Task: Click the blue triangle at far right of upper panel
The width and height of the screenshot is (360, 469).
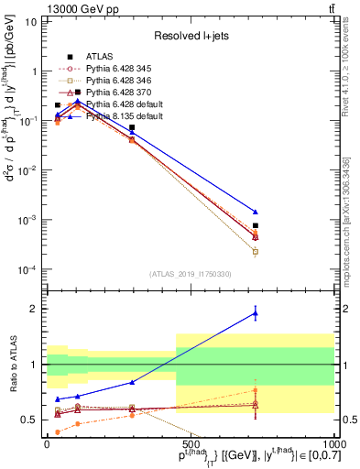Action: pos(256,212)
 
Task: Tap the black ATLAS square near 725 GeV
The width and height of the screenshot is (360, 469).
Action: pos(256,225)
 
